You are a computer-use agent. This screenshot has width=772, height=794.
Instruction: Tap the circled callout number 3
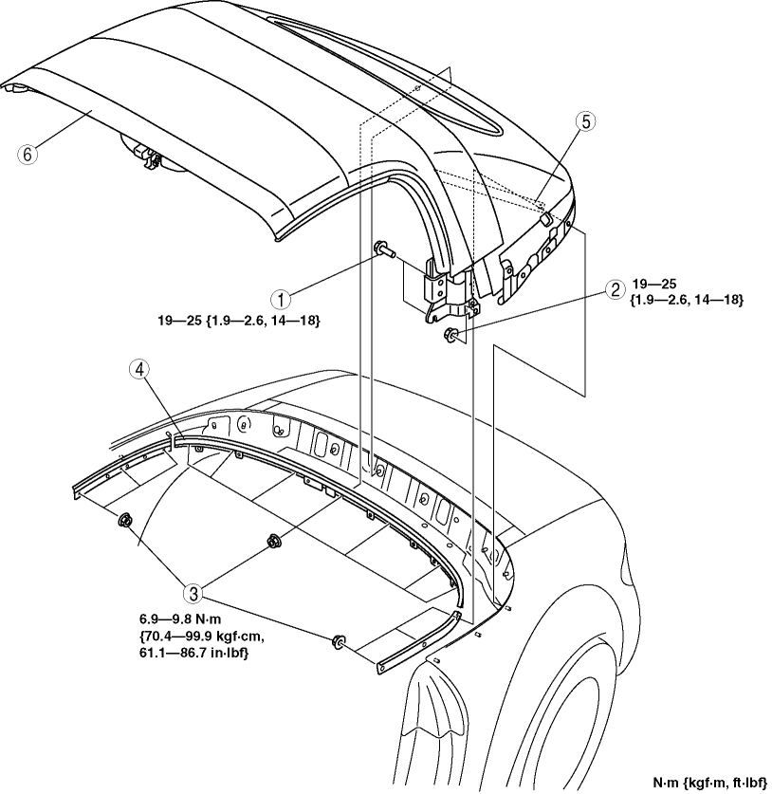pos(194,594)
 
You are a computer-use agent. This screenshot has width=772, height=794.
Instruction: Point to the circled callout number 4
pos(136,371)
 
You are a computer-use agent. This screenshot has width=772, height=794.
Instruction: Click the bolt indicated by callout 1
pos(384,250)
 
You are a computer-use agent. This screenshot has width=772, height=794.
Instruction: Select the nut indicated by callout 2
pos(450,334)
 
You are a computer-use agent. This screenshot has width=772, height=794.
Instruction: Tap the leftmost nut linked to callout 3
pos(123,520)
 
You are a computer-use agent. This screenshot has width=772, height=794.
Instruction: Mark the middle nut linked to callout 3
pos(272,542)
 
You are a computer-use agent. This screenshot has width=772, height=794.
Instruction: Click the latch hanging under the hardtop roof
pos(149,155)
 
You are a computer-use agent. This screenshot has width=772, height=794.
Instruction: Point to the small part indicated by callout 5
pos(544,219)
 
